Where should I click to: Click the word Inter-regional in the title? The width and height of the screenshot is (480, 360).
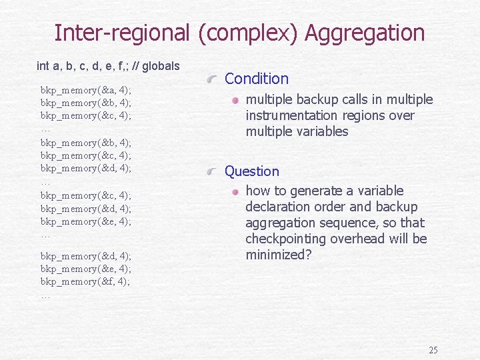pyautogui.click(x=122, y=33)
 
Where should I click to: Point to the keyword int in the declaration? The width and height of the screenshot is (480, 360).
pyautogui.click(x=43, y=66)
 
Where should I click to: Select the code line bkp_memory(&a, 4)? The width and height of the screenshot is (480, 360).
pyautogui.click(x=85, y=89)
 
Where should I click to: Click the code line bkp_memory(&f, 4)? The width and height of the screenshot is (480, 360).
pyautogui.click(x=85, y=281)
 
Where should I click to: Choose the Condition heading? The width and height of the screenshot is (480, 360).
pyautogui.click(x=257, y=79)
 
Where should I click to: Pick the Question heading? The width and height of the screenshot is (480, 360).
pyautogui.click(x=252, y=171)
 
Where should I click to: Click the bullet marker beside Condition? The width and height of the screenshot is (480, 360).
pyautogui.click(x=212, y=79)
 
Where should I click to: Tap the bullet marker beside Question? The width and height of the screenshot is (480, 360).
pyautogui.click(x=212, y=172)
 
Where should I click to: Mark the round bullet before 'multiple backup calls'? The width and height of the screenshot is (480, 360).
pyautogui.click(x=235, y=100)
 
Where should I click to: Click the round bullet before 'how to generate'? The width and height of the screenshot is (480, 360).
pyautogui.click(x=235, y=191)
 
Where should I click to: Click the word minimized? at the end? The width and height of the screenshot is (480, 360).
pyautogui.click(x=278, y=255)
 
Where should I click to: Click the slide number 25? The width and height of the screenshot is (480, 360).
pyautogui.click(x=433, y=350)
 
